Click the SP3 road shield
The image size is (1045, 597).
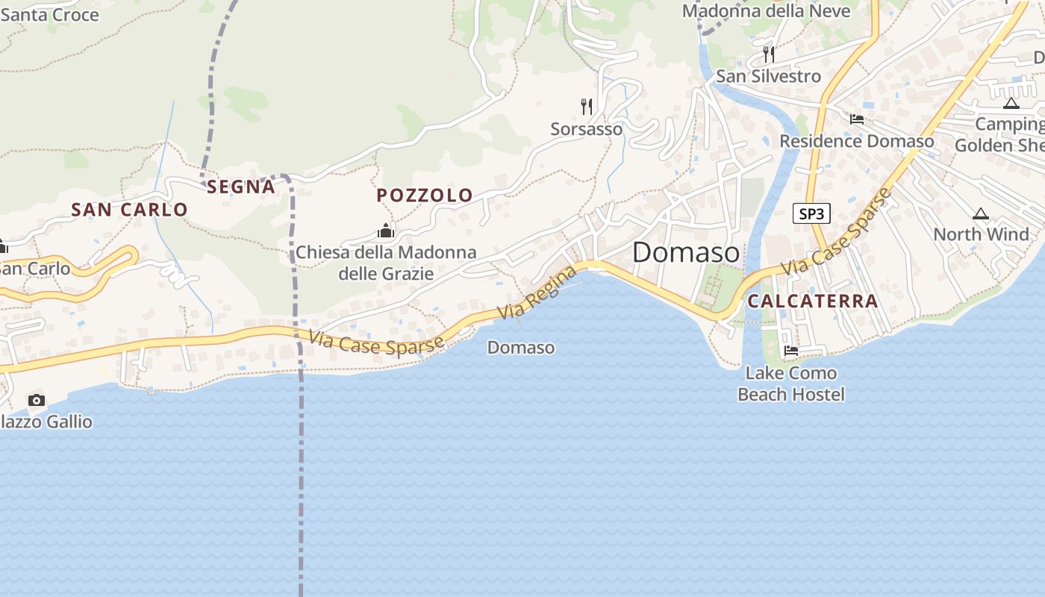(811, 214)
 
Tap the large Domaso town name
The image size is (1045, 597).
(686, 252)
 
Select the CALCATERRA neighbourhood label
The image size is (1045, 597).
(812, 301)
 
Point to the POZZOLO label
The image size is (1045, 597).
(425, 196)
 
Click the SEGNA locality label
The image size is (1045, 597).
(241, 187)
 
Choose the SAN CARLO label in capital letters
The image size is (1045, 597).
(129, 210)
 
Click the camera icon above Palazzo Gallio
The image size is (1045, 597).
(36, 401)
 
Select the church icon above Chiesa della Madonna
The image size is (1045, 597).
(386, 231)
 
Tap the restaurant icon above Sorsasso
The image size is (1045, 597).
(587, 107)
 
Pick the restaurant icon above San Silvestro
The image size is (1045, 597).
(769, 54)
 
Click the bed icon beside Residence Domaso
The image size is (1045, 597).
(857, 119)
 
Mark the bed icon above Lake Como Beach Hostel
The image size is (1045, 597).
(791, 351)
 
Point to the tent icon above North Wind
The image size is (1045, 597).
(981, 213)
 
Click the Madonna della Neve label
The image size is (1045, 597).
(766, 11)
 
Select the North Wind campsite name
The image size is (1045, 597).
(981, 234)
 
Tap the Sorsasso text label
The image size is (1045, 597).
(587, 129)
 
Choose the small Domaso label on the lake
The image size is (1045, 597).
(521, 347)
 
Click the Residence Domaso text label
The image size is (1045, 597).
(856, 141)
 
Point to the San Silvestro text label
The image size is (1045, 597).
(768, 76)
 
